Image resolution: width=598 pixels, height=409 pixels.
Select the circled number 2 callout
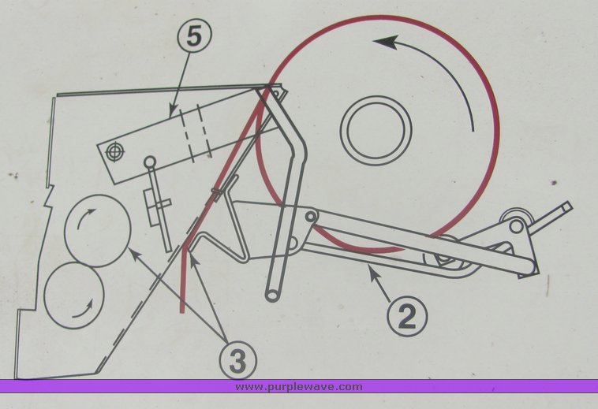click(x=408, y=315)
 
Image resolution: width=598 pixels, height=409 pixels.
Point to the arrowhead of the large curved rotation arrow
click(x=383, y=43)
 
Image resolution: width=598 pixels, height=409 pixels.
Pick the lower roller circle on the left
click(x=75, y=296)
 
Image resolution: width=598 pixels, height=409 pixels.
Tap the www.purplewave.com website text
click(x=299, y=386)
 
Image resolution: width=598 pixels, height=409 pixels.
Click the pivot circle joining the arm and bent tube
click(x=310, y=215)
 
